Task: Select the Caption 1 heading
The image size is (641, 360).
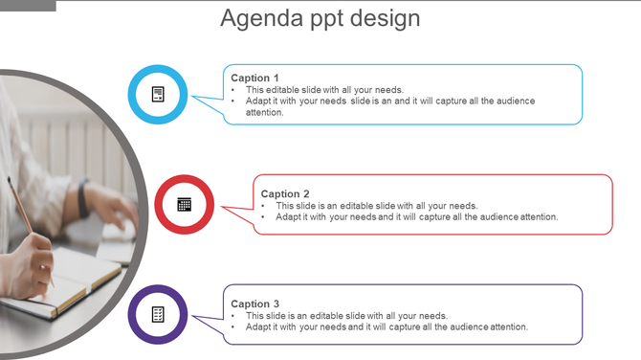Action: point(255,78)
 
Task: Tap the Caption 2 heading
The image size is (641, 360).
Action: point(285,193)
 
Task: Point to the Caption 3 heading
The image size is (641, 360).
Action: point(255,304)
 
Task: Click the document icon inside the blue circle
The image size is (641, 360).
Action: point(158,94)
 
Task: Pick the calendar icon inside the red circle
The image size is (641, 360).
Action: point(184,204)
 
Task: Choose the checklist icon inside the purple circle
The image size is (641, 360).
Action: point(158,314)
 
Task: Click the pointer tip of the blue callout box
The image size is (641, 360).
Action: point(193,96)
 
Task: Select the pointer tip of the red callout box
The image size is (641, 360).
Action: point(222,206)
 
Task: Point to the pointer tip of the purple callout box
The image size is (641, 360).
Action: point(193,316)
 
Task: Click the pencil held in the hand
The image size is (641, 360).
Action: point(21,205)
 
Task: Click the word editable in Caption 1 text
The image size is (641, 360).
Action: point(284,90)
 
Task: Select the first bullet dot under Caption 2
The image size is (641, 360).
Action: point(263,206)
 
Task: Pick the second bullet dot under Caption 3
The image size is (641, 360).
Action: point(233,326)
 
